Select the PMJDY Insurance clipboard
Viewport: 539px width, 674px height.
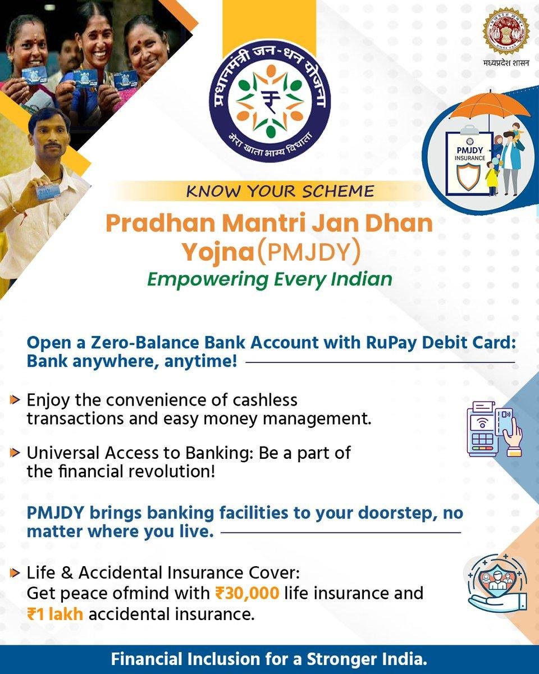pyautogui.click(x=469, y=163)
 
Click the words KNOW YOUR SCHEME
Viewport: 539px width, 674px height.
pyautogui.click(x=280, y=191)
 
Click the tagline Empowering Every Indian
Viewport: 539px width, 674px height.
pyautogui.click(x=269, y=280)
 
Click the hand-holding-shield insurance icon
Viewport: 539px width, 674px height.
pyautogui.click(x=497, y=585)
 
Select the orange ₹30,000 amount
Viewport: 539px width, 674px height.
pyautogui.click(x=247, y=593)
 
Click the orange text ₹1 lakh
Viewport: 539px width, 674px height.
pyautogui.click(x=55, y=614)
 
